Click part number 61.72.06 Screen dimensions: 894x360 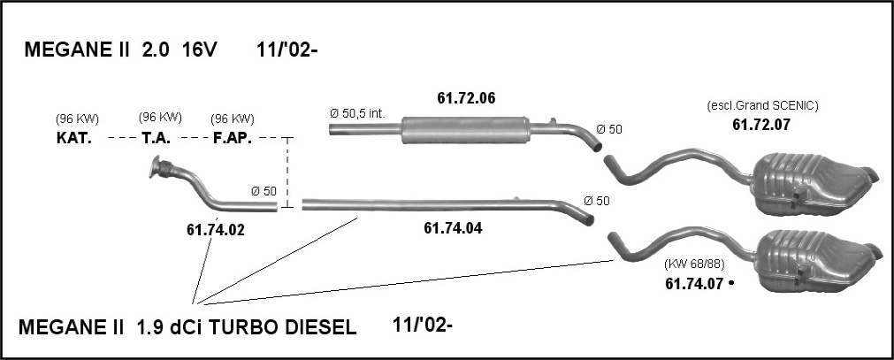(x=466, y=98)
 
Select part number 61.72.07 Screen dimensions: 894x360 (x=761, y=125)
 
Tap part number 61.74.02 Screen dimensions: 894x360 (x=216, y=230)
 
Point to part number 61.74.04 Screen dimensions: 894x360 (x=453, y=228)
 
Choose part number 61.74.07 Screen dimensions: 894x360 (x=694, y=282)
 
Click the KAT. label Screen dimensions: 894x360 (x=74, y=138)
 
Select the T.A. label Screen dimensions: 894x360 (x=156, y=138)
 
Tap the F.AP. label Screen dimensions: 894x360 (x=232, y=138)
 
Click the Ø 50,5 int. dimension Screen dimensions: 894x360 (x=357, y=113)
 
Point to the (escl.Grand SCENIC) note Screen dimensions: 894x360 (x=762, y=105)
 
